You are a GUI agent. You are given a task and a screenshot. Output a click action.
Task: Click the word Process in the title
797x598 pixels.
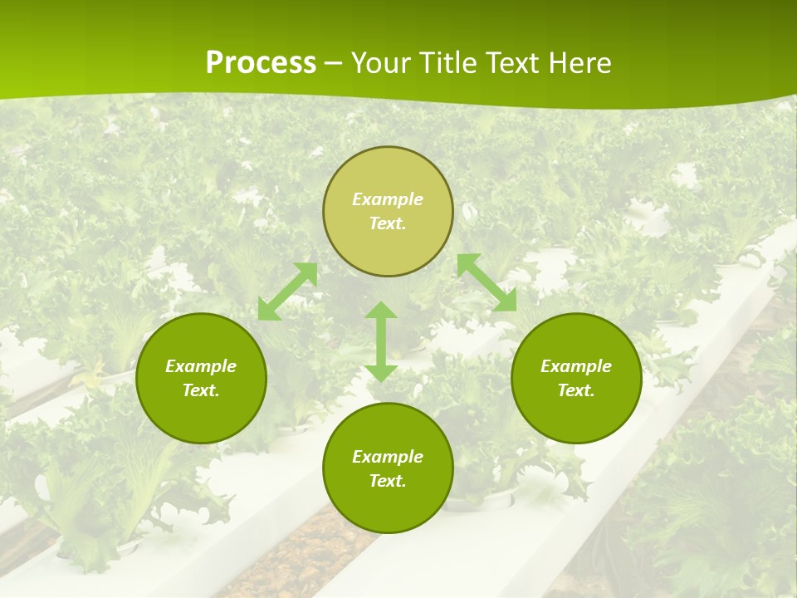(261, 63)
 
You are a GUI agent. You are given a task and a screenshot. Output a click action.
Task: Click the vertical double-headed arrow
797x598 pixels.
(381, 341)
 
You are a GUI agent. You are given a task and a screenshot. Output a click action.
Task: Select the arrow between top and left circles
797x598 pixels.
(288, 292)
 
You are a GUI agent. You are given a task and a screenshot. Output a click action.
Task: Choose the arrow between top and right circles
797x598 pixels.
(487, 282)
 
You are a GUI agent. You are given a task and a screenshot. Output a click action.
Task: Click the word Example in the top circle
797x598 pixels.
(388, 199)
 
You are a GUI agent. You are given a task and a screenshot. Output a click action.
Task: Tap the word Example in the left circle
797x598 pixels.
(201, 366)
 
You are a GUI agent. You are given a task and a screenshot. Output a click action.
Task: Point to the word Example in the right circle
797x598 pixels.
(576, 366)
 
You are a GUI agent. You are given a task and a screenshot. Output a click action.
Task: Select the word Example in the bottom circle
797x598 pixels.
(388, 457)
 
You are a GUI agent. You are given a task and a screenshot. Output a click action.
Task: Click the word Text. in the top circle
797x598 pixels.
(388, 223)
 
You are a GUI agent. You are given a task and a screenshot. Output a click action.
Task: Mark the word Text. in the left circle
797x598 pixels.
(201, 390)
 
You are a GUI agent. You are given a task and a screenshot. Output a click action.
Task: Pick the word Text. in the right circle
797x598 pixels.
(576, 390)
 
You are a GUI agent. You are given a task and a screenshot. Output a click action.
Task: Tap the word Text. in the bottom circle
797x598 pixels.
(388, 481)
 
